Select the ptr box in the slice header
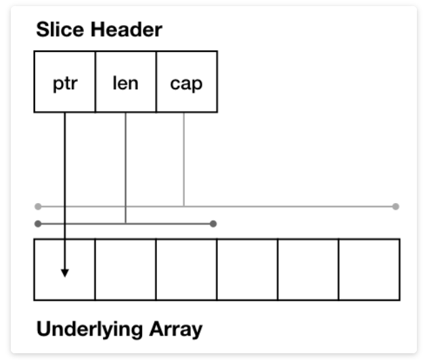pyautogui.click(x=65, y=83)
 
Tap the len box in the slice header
pyautogui.click(x=125, y=83)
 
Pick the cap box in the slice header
pyautogui.click(x=186, y=83)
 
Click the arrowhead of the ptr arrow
pyautogui.click(x=65, y=272)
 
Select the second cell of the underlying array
pyautogui.click(x=125, y=269)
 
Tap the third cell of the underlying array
pyautogui.click(x=186, y=269)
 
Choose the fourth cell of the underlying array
pyautogui.click(x=247, y=269)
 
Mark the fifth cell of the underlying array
pyautogui.click(x=308, y=269)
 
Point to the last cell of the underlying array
pyautogui.click(x=369, y=269)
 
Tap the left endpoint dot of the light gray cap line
pyautogui.click(x=38, y=206)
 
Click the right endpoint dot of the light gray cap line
pyautogui.click(x=395, y=206)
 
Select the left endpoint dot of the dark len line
pyautogui.click(x=38, y=223)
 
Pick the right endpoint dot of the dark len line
pyautogui.click(x=213, y=223)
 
